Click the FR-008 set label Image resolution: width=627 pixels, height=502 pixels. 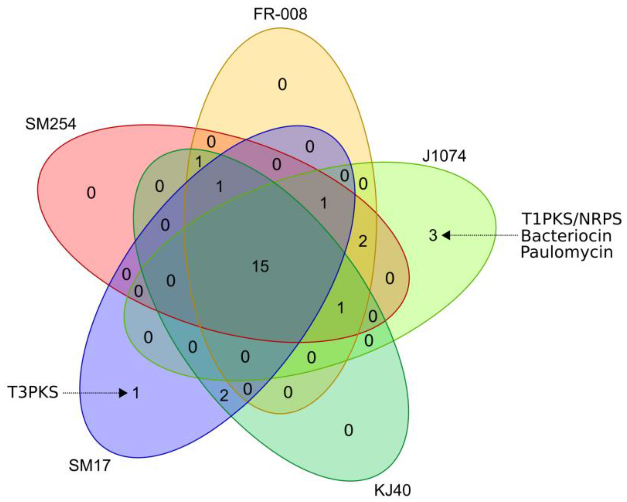(x=280, y=14)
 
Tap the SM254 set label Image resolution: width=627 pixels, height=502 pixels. (x=51, y=124)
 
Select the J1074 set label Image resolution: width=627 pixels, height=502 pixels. (x=444, y=156)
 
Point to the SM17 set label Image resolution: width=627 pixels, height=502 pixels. (x=90, y=465)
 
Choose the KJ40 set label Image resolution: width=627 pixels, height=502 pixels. (x=392, y=490)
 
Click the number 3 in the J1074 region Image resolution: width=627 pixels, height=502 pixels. (x=433, y=235)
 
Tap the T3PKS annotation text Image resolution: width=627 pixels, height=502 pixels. (x=33, y=392)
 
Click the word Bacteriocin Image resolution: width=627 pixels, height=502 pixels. (x=566, y=236)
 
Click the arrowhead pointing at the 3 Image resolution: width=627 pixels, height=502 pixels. (x=446, y=235)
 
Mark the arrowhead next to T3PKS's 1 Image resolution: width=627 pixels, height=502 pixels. (x=123, y=393)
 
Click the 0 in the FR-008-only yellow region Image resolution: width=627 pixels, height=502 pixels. (x=282, y=85)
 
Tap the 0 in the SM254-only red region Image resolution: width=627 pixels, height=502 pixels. (x=91, y=193)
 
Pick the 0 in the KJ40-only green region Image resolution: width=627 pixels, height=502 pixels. (x=348, y=430)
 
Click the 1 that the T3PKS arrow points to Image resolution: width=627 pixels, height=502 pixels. (x=136, y=393)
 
